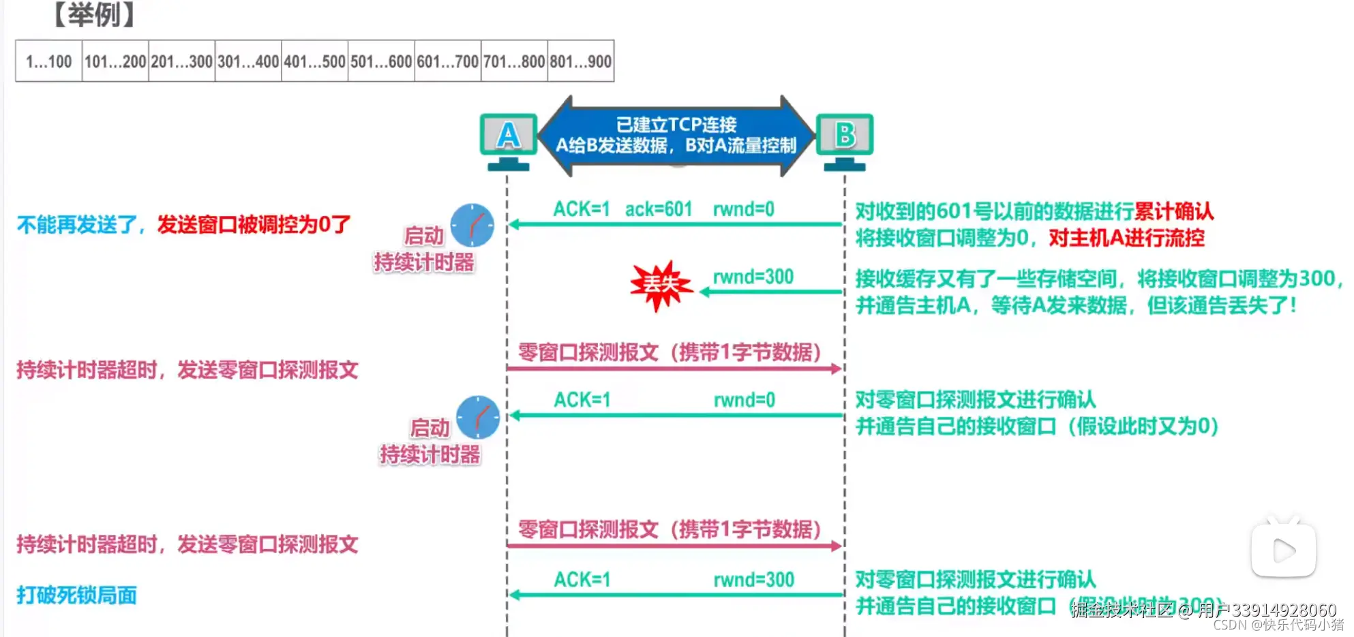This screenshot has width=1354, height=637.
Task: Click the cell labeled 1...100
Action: coord(48,61)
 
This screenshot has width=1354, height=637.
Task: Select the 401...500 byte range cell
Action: coord(314,61)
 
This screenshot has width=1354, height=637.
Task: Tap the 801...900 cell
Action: coord(581,61)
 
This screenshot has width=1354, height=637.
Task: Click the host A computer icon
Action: coord(508,140)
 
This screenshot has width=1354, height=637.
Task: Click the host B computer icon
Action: coord(845,140)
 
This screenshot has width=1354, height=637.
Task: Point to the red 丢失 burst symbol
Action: coord(660,285)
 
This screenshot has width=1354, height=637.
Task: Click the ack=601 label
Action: coord(659,209)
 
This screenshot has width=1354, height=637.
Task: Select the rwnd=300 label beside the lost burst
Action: coord(753,277)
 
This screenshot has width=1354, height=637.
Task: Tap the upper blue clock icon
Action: coord(472,225)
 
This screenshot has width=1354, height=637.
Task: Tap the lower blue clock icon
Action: coord(477,417)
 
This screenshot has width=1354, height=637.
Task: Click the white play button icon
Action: coord(1283,550)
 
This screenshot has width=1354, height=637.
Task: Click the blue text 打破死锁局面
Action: coord(76,595)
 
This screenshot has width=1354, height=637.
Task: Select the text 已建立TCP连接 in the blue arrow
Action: coord(676,125)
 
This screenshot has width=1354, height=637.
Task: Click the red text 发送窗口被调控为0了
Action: coord(254,224)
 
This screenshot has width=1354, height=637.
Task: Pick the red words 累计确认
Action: coord(1174,211)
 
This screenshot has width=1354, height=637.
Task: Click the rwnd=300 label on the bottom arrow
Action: coord(753,580)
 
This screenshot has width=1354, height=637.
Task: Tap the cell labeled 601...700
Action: coord(447,61)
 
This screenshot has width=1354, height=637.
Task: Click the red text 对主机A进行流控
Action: coord(1126,238)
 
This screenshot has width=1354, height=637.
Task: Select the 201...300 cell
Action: coord(181,61)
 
